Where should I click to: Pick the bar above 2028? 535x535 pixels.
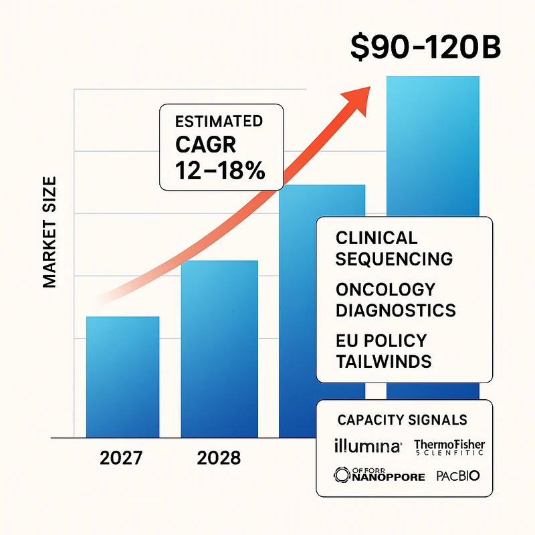tap(219, 348)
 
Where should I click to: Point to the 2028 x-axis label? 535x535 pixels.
tap(219, 459)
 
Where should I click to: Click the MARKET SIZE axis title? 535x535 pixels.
tap(50, 233)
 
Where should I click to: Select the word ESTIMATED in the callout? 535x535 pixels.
tap(218, 122)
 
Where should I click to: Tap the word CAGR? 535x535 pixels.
tap(203, 145)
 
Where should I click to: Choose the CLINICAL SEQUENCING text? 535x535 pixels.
tap(394, 248)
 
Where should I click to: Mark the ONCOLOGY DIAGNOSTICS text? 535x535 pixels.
tap(395, 300)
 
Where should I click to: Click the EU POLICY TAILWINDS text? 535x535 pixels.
tap(383, 350)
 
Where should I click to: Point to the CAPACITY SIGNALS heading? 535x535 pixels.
tap(402, 420)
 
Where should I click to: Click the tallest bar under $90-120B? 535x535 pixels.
tap(433, 147)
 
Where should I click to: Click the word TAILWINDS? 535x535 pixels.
tap(383, 361)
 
